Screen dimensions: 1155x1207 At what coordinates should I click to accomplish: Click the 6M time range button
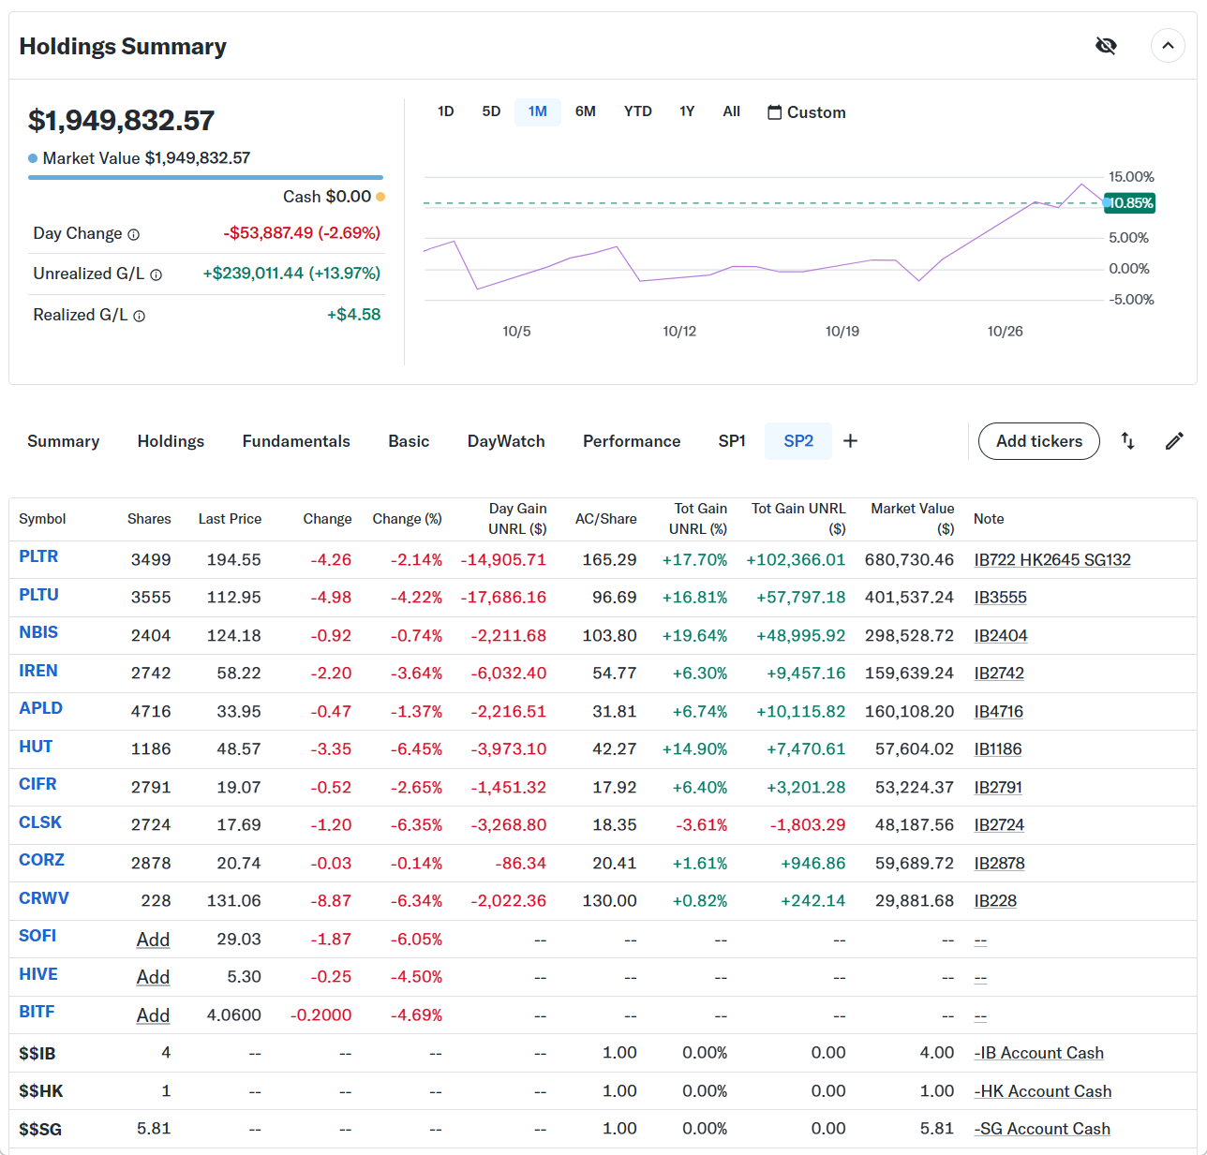585,111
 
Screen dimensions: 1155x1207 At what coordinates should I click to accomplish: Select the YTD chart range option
637,111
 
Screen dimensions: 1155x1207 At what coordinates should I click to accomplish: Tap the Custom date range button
807,112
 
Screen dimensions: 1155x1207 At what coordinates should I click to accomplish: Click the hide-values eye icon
1106,46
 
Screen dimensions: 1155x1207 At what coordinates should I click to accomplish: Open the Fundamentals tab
296,441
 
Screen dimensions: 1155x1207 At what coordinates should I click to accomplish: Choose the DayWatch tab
506,441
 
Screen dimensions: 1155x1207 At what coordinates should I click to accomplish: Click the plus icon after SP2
850,441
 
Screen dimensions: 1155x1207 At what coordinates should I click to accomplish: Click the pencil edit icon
1174,441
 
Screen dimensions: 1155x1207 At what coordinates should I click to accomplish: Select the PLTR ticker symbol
38,556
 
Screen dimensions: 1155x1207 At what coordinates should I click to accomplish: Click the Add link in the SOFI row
153,940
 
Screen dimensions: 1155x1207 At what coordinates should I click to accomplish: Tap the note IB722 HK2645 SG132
1052,560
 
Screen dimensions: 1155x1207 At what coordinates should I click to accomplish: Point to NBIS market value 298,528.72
909,636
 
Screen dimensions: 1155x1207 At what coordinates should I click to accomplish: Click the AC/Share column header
605,519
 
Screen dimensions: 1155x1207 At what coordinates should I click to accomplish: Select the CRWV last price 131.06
233,901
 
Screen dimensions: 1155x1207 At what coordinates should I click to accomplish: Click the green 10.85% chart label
1130,203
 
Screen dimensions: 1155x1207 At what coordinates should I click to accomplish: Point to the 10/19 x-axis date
842,332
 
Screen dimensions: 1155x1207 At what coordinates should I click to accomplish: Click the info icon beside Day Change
133,234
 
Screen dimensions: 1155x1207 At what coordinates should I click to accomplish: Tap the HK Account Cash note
1043,1091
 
